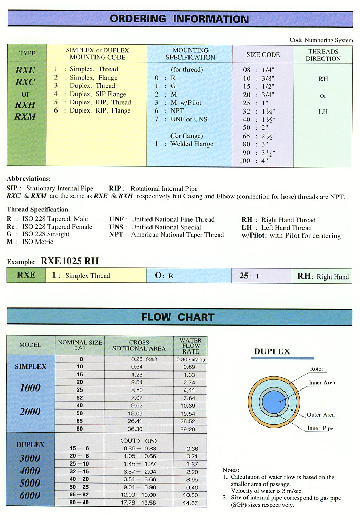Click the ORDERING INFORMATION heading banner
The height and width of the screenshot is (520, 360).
[179, 19]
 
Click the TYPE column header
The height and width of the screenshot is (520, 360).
[27, 53]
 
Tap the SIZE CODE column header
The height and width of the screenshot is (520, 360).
[263, 54]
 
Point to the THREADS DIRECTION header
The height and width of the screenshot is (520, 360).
[323, 55]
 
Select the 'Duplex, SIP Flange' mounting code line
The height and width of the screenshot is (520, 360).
[98, 94]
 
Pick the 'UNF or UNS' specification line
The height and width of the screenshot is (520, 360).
[188, 119]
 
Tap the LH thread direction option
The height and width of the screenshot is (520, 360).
[323, 112]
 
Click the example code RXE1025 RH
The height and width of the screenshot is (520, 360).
[69, 261]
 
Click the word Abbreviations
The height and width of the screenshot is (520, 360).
[29, 179]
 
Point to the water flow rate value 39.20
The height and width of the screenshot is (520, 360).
[191, 429]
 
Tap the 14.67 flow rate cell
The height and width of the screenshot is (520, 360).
[191, 503]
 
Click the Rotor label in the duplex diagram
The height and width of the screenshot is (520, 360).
[317, 369]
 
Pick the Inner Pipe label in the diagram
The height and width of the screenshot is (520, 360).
[320, 428]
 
